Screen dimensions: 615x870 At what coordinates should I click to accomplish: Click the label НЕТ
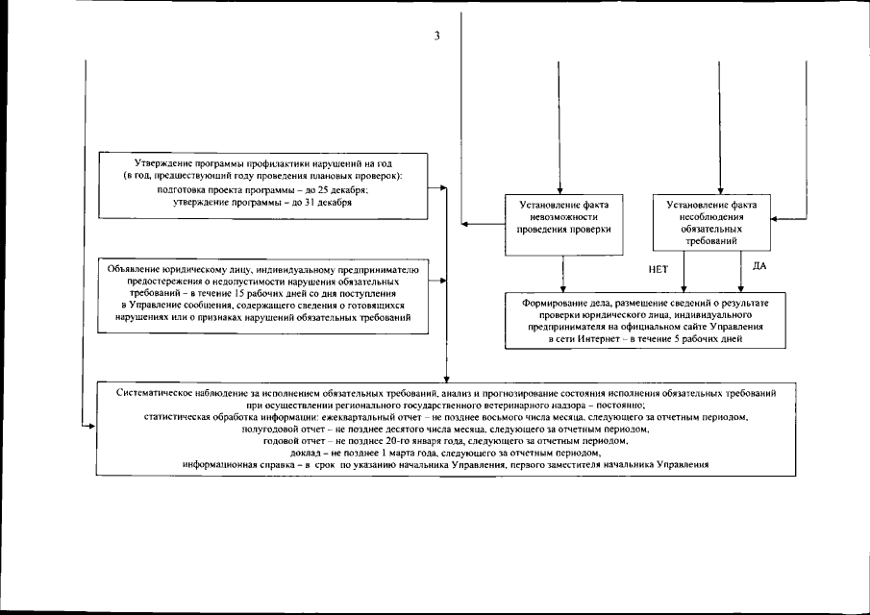point(659,270)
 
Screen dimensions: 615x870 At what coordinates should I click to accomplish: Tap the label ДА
point(758,265)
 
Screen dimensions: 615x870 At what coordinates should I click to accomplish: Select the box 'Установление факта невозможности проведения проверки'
point(563,224)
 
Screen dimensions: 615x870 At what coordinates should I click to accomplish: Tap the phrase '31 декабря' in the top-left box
point(323,202)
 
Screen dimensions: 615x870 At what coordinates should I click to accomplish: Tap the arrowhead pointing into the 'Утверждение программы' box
point(443,187)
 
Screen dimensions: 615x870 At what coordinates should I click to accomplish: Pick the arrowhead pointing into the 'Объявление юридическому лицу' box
point(443,283)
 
